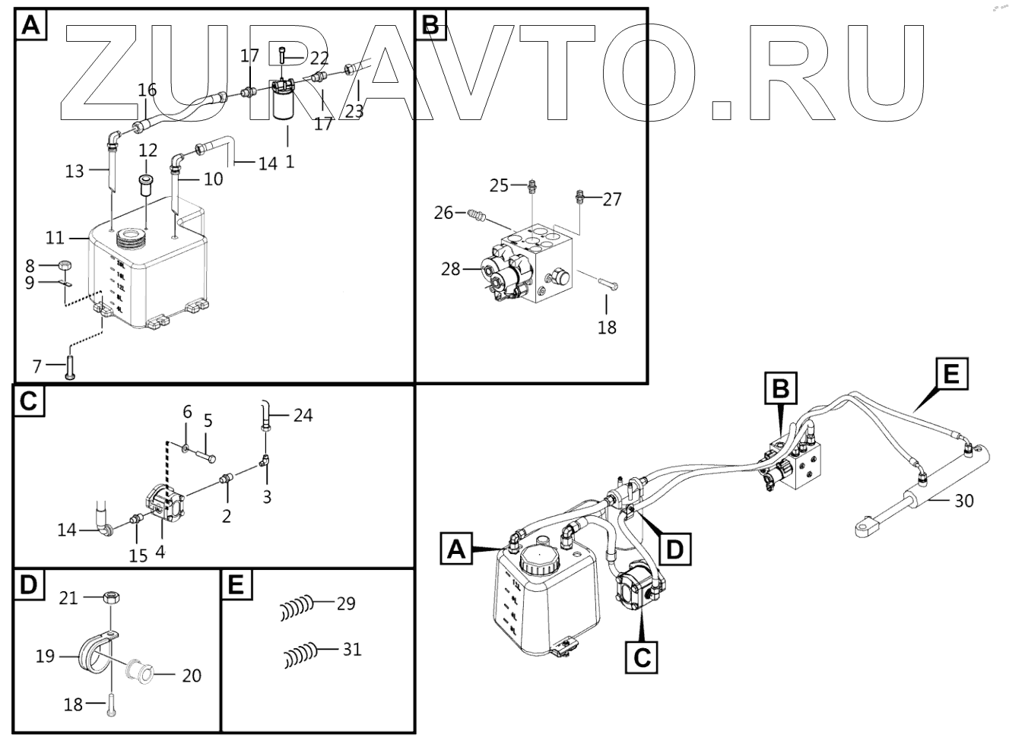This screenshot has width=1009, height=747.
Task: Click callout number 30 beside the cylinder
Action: [x=963, y=502]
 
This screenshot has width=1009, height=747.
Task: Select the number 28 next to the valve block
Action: [x=450, y=269]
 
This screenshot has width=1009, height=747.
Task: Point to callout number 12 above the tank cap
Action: [x=148, y=150]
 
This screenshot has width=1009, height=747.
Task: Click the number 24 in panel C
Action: [x=303, y=416]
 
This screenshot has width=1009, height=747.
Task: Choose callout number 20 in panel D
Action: [x=192, y=675]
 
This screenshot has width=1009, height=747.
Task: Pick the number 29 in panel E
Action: [x=346, y=604]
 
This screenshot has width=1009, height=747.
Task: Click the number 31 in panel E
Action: [x=351, y=650]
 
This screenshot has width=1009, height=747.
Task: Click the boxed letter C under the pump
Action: [x=643, y=656]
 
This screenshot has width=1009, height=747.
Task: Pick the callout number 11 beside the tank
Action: [x=54, y=238]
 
